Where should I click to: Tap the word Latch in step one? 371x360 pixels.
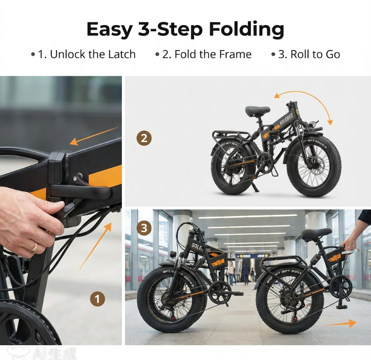pos(120,54)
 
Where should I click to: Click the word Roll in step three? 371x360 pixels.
pos(301,54)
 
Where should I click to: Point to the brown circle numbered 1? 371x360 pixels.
pos(97,299)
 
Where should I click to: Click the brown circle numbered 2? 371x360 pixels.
pos(144,138)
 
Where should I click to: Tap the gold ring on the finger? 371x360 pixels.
pos(34,247)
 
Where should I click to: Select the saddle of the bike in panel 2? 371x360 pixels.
pos(258,111)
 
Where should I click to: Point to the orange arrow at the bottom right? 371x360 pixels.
pos(340,323)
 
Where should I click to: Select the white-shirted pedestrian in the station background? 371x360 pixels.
pos(231,272)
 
